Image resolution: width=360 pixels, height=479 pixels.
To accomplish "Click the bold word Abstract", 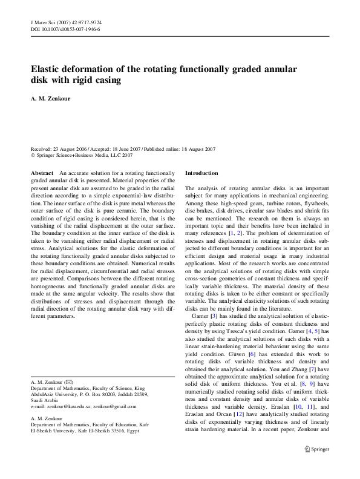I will pyautogui.click(x=42, y=173).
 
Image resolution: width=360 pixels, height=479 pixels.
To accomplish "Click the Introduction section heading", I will pyautogui.click(x=201, y=173).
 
